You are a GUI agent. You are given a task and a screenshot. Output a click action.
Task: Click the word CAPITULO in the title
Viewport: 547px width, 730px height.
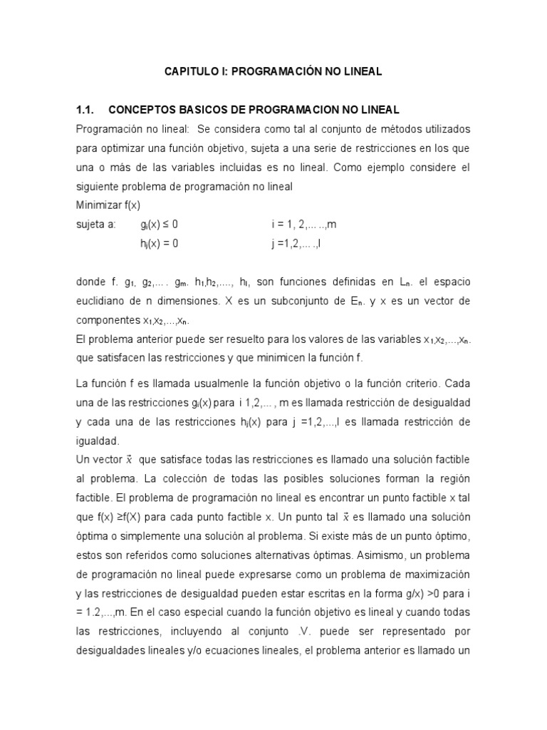189,71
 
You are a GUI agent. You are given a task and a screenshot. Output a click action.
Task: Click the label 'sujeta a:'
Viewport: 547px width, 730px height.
95,224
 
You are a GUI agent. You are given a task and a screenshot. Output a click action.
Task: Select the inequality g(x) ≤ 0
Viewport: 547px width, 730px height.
159,224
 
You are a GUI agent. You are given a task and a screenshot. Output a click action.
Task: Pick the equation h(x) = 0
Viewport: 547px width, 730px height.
159,243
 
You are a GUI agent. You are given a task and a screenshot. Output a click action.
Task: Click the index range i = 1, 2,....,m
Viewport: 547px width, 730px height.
303,224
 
